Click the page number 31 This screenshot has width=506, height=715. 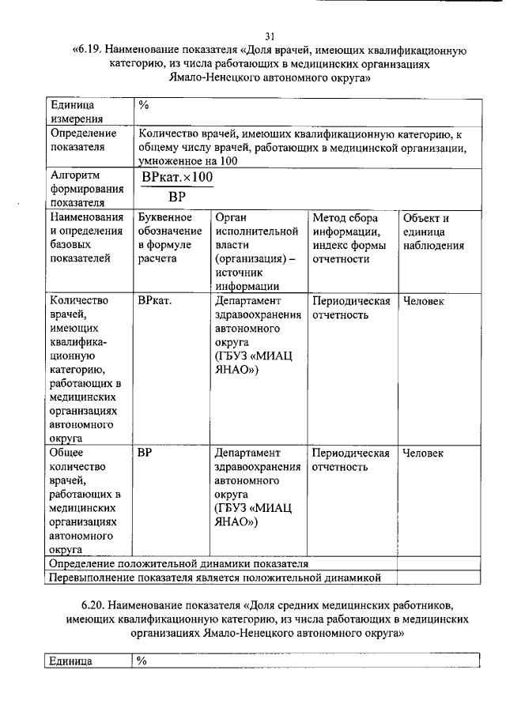[270, 36]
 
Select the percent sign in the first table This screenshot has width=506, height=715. [144, 105]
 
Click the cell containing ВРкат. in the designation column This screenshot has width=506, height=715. [156, 301]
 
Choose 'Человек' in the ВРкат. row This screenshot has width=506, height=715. [423, 301]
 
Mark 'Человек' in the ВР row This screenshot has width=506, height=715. [423, 453]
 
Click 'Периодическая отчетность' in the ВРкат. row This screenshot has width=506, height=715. [351, 308]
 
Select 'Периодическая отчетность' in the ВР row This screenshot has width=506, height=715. [351, 460]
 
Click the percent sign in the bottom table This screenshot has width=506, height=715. [142, 661]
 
